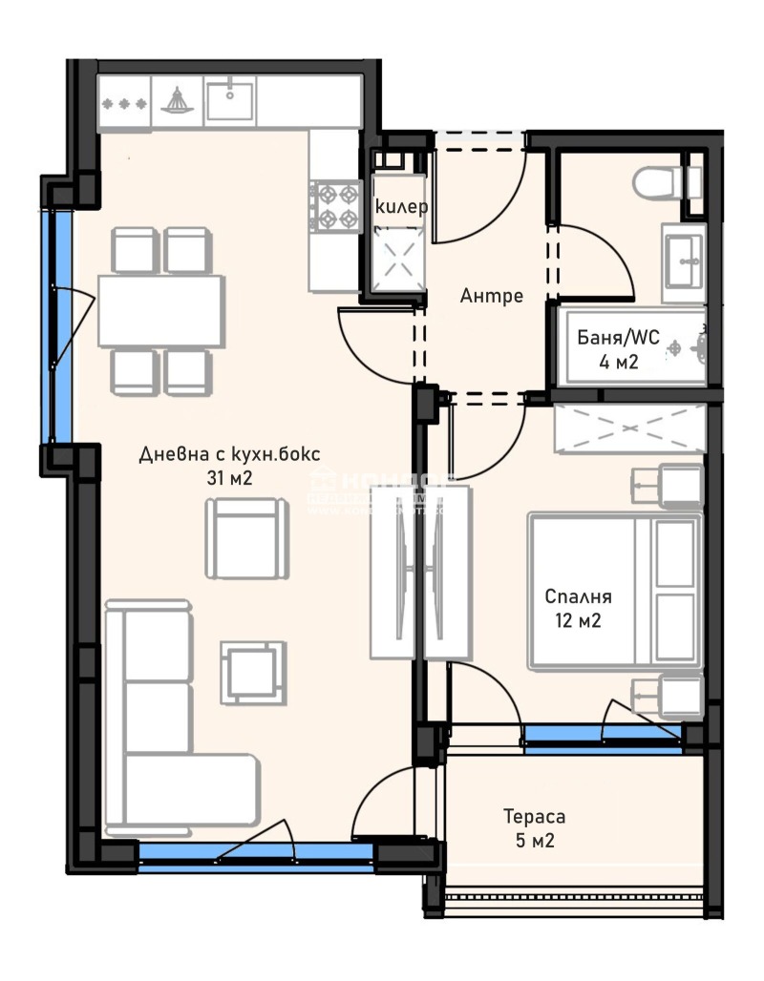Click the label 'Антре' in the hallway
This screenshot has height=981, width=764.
tap(492, 296)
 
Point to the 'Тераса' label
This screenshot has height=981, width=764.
tap(535, 817)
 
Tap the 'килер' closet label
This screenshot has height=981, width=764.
tap(401, 206)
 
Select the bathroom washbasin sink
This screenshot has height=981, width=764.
tap(684, 255)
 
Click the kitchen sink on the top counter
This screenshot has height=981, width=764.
tap(229, 98)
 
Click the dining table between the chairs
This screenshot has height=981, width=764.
tap(160, 311)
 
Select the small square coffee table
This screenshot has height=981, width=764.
tap(253, 668)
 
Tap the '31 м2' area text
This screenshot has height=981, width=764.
tap(229, 478)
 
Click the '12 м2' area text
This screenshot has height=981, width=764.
tap(578, 621)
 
